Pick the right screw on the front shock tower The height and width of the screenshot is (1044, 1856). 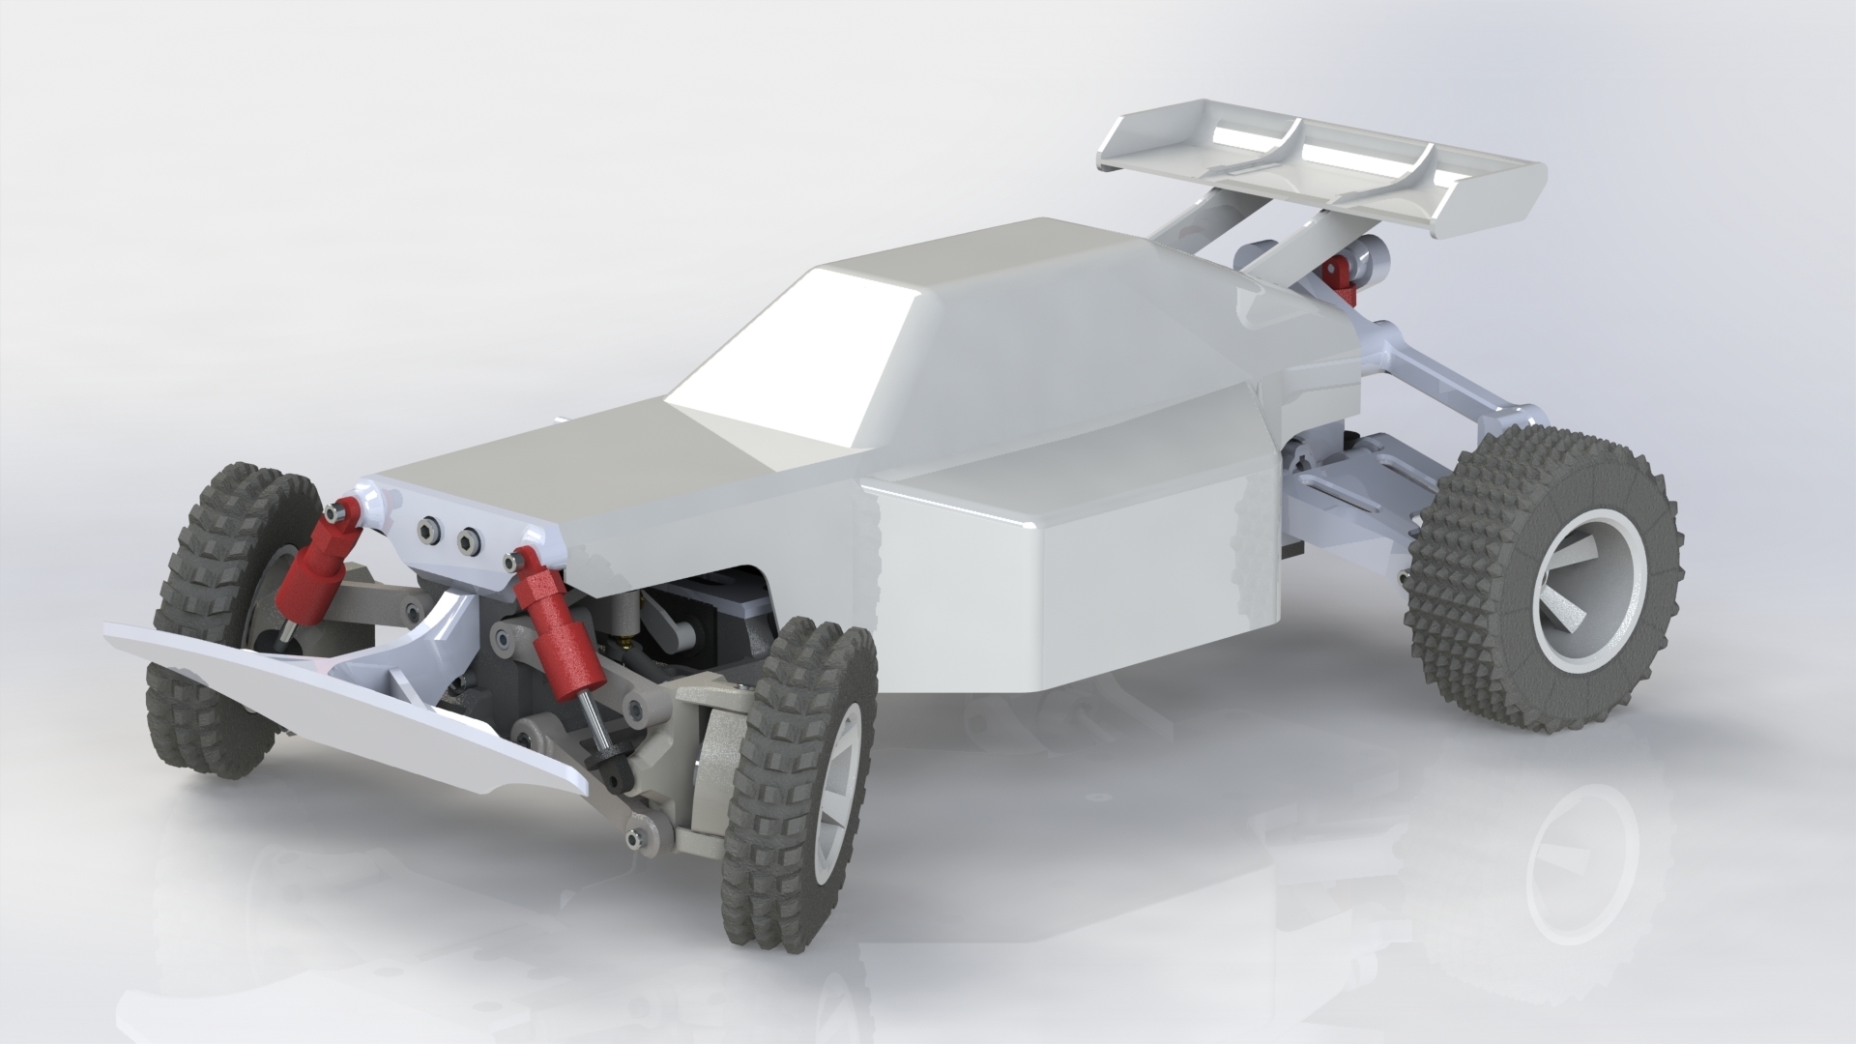[470, 538]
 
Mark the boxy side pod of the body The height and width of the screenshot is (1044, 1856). [1063, 580]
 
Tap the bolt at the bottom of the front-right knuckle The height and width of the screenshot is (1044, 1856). [635, 839]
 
